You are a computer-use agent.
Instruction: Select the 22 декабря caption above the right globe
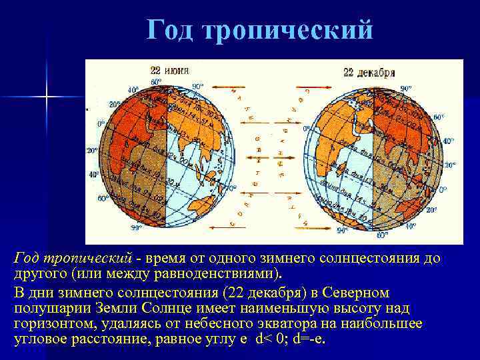click(x=369, y=72)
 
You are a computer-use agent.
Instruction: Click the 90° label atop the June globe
click(x=197, y=86)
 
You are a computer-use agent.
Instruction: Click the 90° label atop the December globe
click(x=406, y=88)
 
